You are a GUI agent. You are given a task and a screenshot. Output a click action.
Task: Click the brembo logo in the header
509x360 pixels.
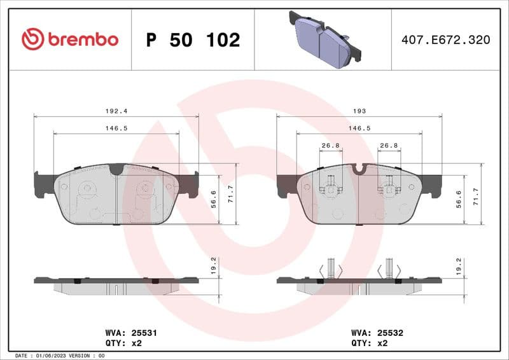pos(70,39)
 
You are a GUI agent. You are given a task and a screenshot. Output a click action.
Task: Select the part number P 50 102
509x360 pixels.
pos(193,40)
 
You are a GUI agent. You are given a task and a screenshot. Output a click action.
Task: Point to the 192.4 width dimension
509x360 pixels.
pos(116,111)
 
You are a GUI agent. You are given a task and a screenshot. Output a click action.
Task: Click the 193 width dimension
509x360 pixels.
pos(359,111)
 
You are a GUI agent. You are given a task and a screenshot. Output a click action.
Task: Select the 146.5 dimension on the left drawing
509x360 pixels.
pos(116,128)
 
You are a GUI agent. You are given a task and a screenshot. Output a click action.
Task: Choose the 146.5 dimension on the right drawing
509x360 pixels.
pos(359,128)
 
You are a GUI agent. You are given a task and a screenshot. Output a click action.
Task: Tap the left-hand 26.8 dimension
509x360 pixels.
pos(330,146)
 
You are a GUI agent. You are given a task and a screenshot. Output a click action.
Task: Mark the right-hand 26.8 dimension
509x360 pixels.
pos(389,146)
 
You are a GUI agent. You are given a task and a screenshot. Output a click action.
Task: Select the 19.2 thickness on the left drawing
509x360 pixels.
pos(214,265)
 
